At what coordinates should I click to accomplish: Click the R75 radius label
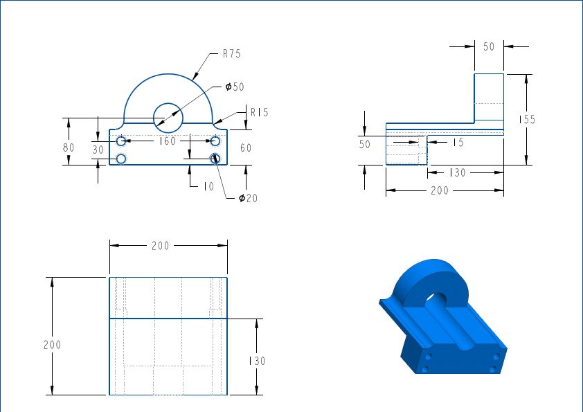pos(231,53)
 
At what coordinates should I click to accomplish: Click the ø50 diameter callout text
pos(235,87)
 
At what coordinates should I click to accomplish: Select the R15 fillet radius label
pos(260,112)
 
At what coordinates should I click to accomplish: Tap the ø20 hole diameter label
pos(248,199)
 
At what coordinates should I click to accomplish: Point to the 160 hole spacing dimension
pos(168,141)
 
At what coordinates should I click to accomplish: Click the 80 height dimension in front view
pos(68,147)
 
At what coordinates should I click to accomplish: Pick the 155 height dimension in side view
pos(528,120)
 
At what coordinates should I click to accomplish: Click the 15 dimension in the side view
pos(458,143)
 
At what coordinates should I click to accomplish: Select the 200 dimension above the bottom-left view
pos(161,246)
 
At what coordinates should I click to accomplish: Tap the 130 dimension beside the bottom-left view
pos(257,361)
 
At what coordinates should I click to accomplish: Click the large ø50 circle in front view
pos(167,117)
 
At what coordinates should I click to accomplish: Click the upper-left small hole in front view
pos(121,141)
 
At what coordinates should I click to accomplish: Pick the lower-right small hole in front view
pos(215,159)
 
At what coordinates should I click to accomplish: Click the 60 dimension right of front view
pos(246,147)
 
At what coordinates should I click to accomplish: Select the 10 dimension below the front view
pos(208,186)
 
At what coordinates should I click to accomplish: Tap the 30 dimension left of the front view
pos(98,149)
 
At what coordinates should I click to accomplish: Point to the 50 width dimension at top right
pos(489,46)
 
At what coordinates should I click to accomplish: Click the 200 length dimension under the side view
pos(440,190)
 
